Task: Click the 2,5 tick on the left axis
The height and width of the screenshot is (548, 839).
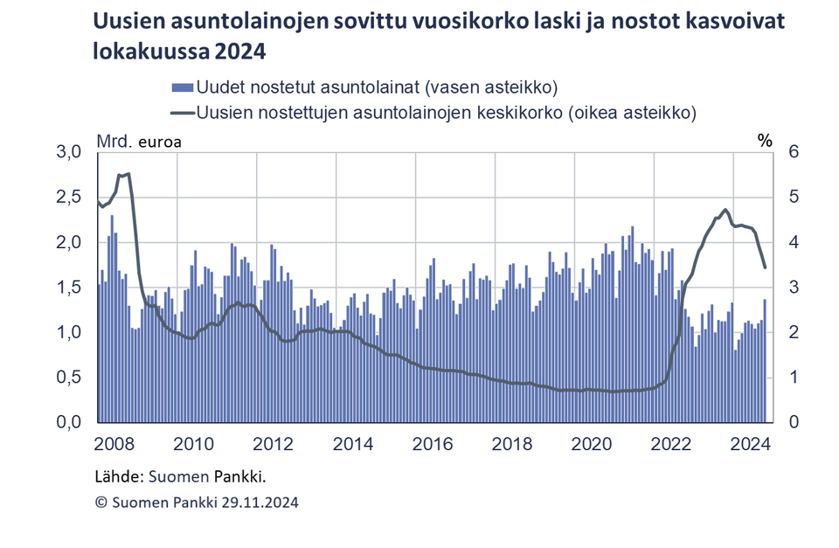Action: click(x=69, y=198)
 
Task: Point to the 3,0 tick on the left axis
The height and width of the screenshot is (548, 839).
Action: click(x=69, y=152)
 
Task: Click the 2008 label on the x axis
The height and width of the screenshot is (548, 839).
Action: click(x=114, y=444)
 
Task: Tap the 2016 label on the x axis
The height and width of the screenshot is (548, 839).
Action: click(x=432, y=444)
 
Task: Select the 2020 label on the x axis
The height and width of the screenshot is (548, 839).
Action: click(x=590, y=444)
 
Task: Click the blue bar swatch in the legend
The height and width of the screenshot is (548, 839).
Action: click(x=182, y=87)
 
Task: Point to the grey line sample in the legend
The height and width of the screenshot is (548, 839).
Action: click(x=182, y=113)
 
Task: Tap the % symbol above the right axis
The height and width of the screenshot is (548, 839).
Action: click(x=766, y=140)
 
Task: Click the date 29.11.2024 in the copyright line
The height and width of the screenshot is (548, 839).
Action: click(x=252, y=503)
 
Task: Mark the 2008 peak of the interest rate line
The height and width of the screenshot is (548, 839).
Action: click(x=128, y=174)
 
